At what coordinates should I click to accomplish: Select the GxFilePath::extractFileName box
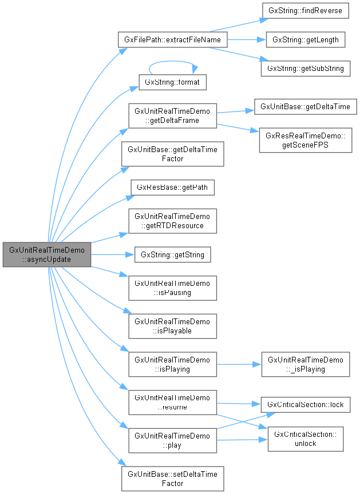point(172,40)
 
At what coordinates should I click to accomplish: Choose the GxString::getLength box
point(305,40)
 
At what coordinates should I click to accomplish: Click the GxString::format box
point(172,82)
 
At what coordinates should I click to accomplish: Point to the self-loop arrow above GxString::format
point(172,62)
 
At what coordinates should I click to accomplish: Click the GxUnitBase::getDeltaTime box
point(305,107)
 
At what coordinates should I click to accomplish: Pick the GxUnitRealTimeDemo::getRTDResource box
point(172,221)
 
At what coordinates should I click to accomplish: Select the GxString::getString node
point(172,254)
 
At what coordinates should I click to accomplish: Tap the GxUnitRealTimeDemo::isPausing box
point(172,288)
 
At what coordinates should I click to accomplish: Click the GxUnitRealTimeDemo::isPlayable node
point(172,326)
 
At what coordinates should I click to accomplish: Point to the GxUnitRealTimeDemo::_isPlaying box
point(305,364)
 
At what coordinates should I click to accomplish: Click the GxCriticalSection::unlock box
point(305,439)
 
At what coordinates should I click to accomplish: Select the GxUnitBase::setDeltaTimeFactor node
point(172,479)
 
